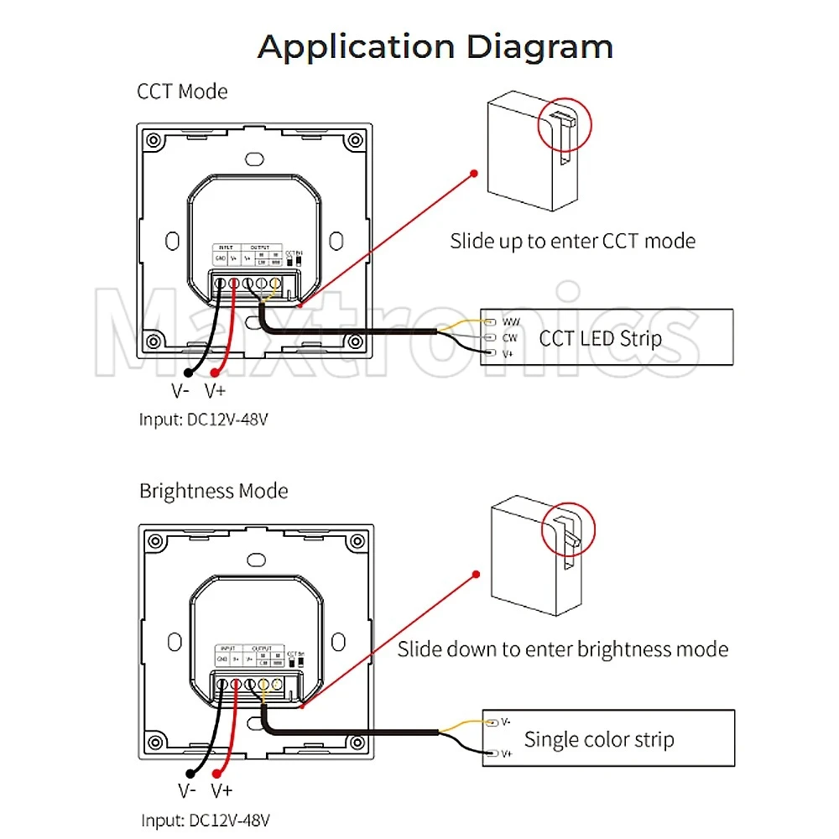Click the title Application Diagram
tap(435, 46)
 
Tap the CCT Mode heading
tap(182, 91)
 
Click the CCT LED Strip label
tap(600, 338)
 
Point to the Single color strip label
tap(599, 740)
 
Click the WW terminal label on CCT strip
tap(511, 321)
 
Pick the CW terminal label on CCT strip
tap(509, 338)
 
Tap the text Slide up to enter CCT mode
tap(572, 242)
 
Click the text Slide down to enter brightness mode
tap(562, 649)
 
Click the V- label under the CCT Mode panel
tap(180, 390)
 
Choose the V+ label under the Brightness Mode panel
tap(221, 790)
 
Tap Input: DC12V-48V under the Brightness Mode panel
tap(206, 819)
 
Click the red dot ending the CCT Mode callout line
tap(474, 174)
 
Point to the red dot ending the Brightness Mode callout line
tap(476, 574)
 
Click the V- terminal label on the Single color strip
tap(505, 722)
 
